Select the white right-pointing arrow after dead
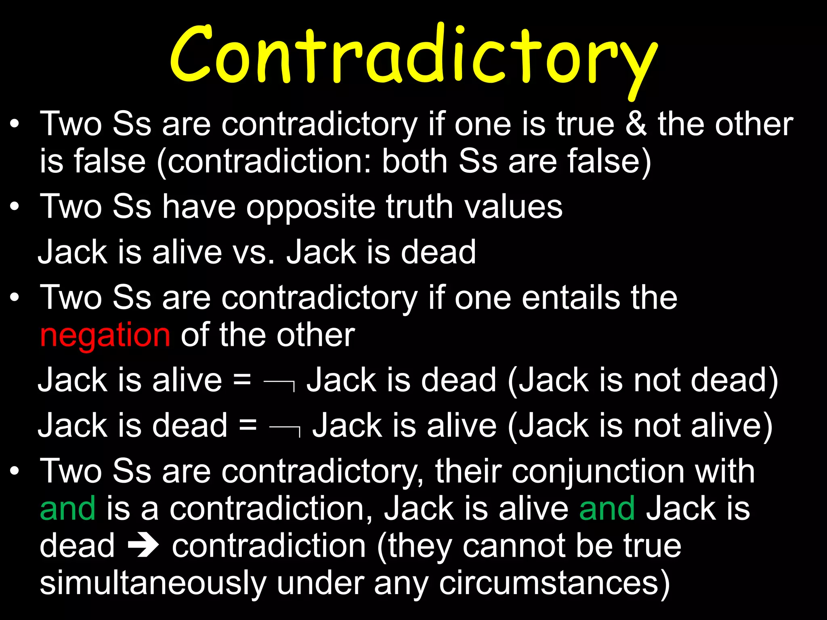[143, 547]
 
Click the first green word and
[68, 509]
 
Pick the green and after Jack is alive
[607, 509]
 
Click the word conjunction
[598, 471]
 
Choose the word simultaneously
[153, 584]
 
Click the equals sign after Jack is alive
[242, 381]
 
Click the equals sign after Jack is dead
[248, 426]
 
